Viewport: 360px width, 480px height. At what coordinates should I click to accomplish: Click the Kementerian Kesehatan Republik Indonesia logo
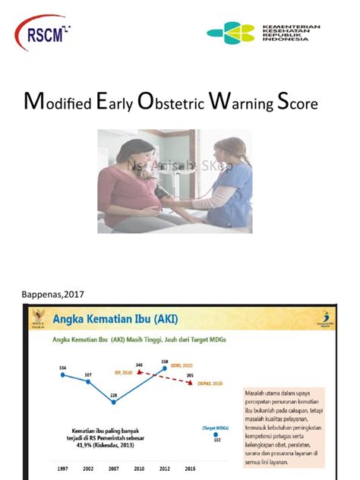click(264, 33)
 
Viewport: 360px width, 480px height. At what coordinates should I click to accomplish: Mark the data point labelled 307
click(88, 382)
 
